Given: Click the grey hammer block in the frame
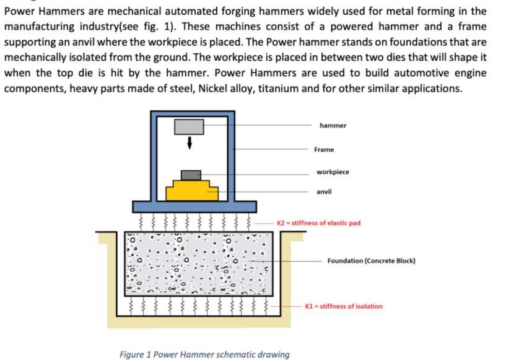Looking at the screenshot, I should point(189,126).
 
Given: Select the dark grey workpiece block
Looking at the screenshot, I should point(191,175).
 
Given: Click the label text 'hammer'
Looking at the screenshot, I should point(333,126).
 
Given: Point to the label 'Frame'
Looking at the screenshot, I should point(323,149).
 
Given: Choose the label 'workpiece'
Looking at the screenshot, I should point(332,172).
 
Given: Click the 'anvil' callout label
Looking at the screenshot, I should point(324,191).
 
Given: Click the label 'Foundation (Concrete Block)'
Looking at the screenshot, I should point(371,261).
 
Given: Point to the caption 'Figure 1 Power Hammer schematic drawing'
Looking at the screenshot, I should point(204,354).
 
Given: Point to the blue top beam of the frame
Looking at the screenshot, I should point(193,113).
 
